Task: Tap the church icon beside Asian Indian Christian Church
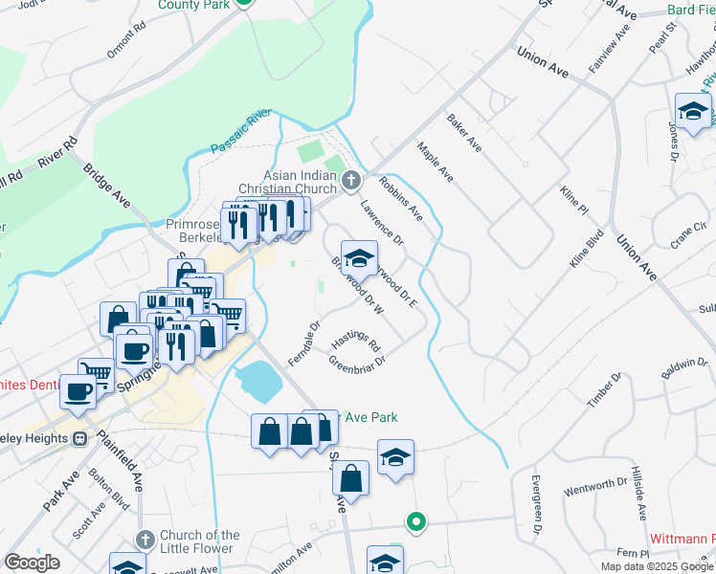(x=351, y=179)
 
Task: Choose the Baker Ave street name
(x=464, y=132)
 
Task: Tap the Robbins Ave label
(x=400, y=198)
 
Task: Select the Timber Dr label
(x=604, y=391)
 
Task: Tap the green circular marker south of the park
(x=415, y=522)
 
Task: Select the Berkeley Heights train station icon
(x=80, y=438)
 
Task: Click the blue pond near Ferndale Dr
(x=257, y=382)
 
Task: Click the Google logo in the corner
(x=32, y=563)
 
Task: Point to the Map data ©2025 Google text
(x=657, y=565)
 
